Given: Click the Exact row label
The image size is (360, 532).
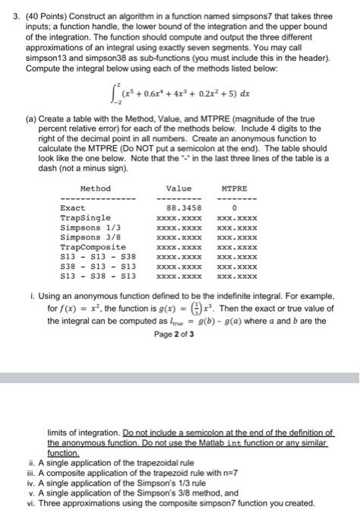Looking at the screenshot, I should click(x=73, y=207).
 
